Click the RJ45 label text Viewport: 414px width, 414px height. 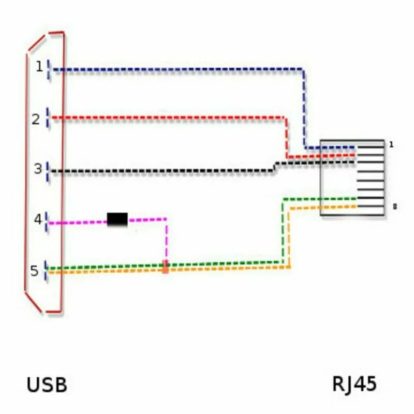click(x=354, y=384)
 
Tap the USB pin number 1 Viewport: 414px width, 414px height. click(x=39, y=66)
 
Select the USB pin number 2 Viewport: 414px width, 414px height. click(x=35, y=120)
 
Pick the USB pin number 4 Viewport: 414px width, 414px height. click(x=38, y=219)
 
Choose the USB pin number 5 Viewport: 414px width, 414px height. click(x=34, y=271)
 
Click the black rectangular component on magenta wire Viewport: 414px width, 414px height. click(x=117, y=219)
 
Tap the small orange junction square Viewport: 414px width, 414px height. click(x=166, y=267)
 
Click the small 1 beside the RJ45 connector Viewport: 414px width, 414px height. click(x=391, y=145)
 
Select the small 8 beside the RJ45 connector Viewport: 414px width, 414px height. click(x=395, y=207)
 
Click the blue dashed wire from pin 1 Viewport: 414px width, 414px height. click(x=176, y=69)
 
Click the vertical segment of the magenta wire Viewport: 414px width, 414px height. click(x=166, y=241)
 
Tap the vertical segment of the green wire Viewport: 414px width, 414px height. click(x=283, y=230)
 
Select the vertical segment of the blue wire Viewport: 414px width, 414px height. click(x=304, y=109)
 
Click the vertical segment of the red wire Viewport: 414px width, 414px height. click(x=286, y=137)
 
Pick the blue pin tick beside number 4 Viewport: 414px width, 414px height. click(x=47, y=221)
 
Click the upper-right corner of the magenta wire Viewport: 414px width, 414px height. click(x=166, y=219)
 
